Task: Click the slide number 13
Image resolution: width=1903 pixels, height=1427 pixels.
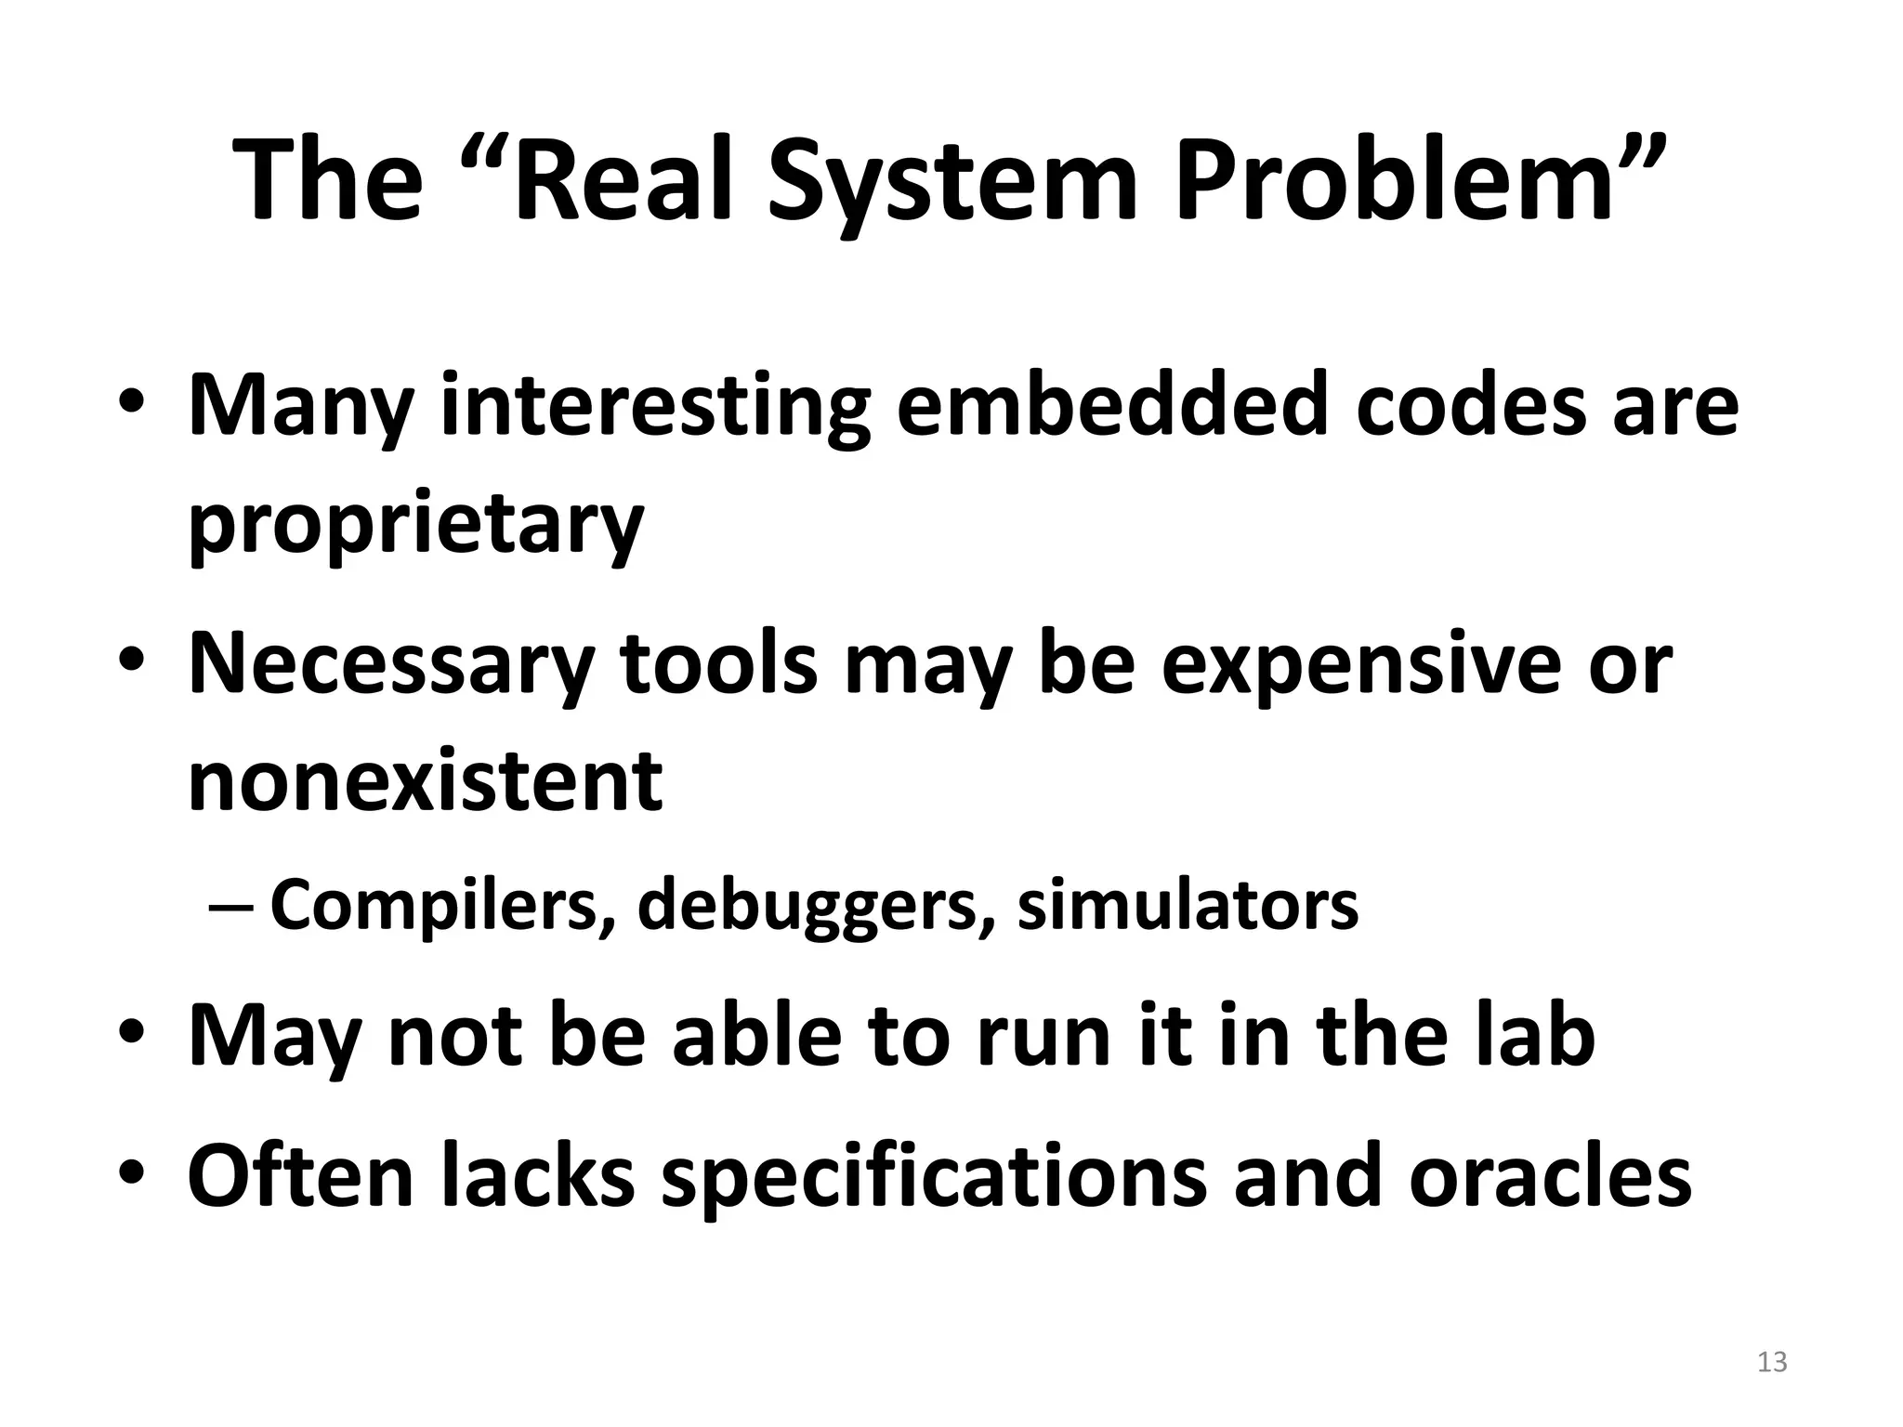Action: (1772, 1362)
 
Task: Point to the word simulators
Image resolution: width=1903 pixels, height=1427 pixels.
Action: (1187, 906)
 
